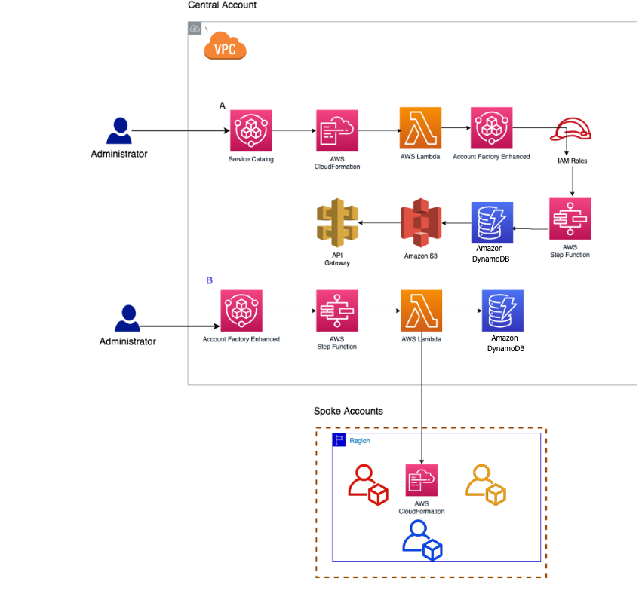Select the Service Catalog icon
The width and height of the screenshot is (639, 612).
250,131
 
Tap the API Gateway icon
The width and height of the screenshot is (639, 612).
336,224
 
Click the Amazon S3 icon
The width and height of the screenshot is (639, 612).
420,223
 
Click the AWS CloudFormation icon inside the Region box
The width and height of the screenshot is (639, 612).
421,479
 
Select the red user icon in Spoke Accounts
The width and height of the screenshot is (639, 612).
367,483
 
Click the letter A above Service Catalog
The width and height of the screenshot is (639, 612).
222,106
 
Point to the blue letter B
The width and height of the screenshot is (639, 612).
210,280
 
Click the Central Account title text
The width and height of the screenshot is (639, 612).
222,5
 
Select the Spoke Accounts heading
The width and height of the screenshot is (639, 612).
348,412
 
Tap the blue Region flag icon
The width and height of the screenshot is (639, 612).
339,440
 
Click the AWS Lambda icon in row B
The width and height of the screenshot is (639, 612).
421,311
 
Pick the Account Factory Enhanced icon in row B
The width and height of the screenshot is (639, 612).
241,311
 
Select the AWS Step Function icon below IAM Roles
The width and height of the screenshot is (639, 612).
570,219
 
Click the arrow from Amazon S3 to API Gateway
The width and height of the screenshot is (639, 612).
378,223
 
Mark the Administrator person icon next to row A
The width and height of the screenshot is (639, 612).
118,130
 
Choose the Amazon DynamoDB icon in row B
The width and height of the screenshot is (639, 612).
503,311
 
